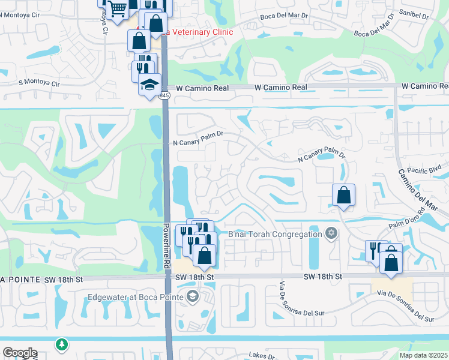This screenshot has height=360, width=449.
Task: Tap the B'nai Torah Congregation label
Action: tap(276, 233)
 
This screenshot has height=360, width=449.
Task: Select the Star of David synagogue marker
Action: tap(330, 233)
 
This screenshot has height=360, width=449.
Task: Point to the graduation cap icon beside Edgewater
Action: tap(192, 296)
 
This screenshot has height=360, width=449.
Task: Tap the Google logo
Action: tap(20, 353)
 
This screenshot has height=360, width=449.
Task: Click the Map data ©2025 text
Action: tap(423, 355)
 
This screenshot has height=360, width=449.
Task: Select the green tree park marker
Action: tap(61, 344)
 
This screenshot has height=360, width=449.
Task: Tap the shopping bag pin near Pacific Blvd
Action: tap(343, 195)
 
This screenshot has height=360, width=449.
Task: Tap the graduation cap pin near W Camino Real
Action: tap(149, 85)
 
